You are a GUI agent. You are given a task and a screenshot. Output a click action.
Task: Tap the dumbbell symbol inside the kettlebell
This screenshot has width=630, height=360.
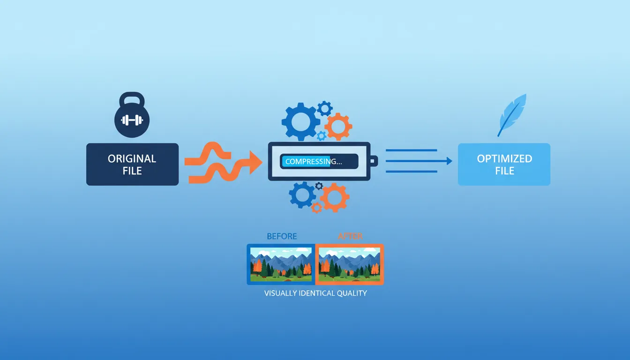132,120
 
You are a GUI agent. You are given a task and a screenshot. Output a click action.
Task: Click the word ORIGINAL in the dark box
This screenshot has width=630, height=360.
132,158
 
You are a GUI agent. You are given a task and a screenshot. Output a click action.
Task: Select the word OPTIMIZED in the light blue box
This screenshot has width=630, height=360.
504,158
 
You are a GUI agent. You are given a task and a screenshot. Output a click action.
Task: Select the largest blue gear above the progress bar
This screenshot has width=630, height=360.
301,122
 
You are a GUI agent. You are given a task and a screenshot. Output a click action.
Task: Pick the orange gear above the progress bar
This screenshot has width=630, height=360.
338,127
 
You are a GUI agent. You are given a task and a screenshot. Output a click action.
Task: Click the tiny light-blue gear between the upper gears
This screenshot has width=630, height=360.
322,136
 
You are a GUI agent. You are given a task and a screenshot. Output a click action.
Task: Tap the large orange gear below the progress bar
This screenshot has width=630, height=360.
335,197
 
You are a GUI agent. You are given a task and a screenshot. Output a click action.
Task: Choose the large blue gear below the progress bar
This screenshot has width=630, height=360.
302,195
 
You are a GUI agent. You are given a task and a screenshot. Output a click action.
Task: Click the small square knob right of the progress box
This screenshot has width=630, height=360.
373,162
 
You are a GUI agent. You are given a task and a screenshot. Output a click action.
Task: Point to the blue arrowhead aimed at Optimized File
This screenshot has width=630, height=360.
449,161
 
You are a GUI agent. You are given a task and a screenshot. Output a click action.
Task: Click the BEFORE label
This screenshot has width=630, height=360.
282,236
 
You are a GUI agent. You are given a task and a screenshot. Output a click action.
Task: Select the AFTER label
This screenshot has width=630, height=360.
350,236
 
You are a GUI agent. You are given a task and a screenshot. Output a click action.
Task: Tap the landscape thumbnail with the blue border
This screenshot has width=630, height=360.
281,264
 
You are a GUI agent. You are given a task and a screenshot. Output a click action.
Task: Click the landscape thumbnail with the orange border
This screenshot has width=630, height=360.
349,264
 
